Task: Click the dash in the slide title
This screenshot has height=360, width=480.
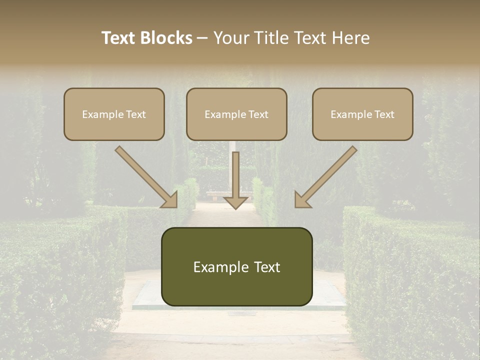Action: tap(202, 38)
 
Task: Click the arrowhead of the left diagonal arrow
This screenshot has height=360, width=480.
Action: tap(170, 200)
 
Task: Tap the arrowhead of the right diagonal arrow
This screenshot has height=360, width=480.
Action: tap(302, 200)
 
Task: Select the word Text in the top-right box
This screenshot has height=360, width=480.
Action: tap(384, 114)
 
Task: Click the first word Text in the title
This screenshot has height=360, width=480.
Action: tap(119, 38)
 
